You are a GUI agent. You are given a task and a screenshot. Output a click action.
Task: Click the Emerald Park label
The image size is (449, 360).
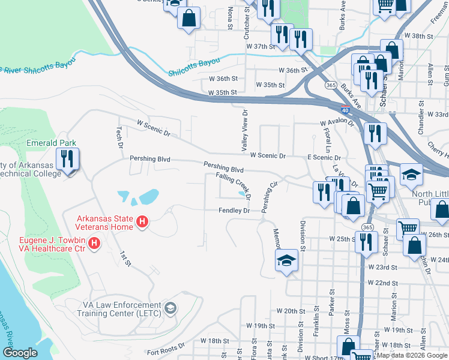[51, 143]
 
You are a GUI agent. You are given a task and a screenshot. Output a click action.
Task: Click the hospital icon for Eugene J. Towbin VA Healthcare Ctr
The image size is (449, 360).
[94, 242]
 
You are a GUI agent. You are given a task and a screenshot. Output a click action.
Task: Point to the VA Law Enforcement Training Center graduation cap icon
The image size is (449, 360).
[170, 309]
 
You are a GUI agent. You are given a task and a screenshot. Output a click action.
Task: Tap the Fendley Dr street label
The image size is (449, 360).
[234, 211]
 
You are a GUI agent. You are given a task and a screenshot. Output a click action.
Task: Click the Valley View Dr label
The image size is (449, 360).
[244, 130]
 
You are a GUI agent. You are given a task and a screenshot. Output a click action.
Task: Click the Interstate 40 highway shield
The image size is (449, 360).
[345, 110]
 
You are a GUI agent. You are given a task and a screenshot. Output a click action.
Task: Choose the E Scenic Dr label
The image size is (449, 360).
[324, 156]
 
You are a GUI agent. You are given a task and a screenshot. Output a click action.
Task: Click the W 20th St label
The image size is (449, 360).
[291, 311]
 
